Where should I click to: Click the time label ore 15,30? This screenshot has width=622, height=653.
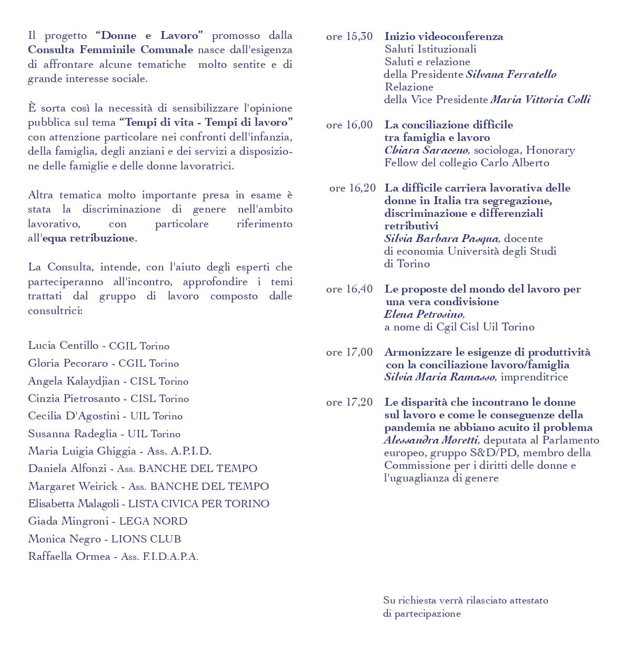349,37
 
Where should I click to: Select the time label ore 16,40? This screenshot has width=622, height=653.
349,289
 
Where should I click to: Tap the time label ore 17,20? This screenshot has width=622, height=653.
349,403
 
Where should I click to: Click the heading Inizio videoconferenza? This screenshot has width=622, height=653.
444,37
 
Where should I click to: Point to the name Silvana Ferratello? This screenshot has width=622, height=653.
511,75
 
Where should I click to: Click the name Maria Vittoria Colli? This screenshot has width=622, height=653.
540,100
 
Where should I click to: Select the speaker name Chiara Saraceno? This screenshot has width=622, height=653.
426,150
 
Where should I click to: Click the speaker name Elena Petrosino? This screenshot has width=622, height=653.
424,315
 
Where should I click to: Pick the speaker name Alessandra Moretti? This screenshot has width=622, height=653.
431,440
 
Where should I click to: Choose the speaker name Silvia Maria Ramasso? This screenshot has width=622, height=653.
440,377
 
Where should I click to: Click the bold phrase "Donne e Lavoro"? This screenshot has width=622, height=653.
149,36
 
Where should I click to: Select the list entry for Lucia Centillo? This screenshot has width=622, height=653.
98,346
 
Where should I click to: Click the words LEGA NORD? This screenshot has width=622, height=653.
153,521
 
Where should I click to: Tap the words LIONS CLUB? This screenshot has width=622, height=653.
146,539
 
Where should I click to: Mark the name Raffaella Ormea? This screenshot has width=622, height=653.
69,557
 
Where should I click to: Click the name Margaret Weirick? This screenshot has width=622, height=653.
73,487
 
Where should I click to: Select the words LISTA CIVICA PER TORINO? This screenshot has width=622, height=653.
198,504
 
